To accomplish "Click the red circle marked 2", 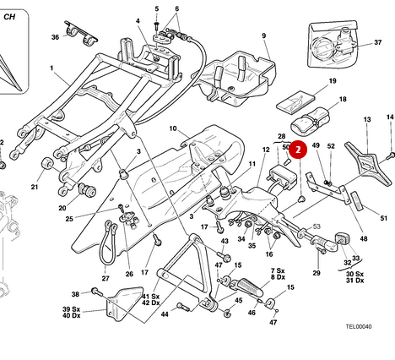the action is tap(298, 150).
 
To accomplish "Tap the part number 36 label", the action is tap(55, 37).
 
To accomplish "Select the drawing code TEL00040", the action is tap(359, 326).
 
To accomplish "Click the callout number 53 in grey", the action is tap(317, 226).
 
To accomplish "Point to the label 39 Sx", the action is tap(71, 309).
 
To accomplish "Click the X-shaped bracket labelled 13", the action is tap(368, 163).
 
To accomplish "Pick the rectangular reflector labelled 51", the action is tap(357, 200).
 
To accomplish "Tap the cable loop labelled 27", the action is tap(108, 243).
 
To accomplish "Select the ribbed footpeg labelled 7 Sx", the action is tap(250, 287).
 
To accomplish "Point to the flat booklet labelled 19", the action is tap(295, 101).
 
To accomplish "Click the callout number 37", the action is tap(377, 42).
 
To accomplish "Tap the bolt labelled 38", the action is tap(97, 292).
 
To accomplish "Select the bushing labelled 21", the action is tap(47, 164).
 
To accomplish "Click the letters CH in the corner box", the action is tap(9, 17).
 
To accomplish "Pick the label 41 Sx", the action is tap(151, 297).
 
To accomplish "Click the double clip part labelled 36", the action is tap(81, 32).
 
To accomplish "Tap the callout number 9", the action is tap(263, 35).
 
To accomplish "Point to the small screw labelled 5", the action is tap(157, 26).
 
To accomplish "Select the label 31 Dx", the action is tap(354, 281).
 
